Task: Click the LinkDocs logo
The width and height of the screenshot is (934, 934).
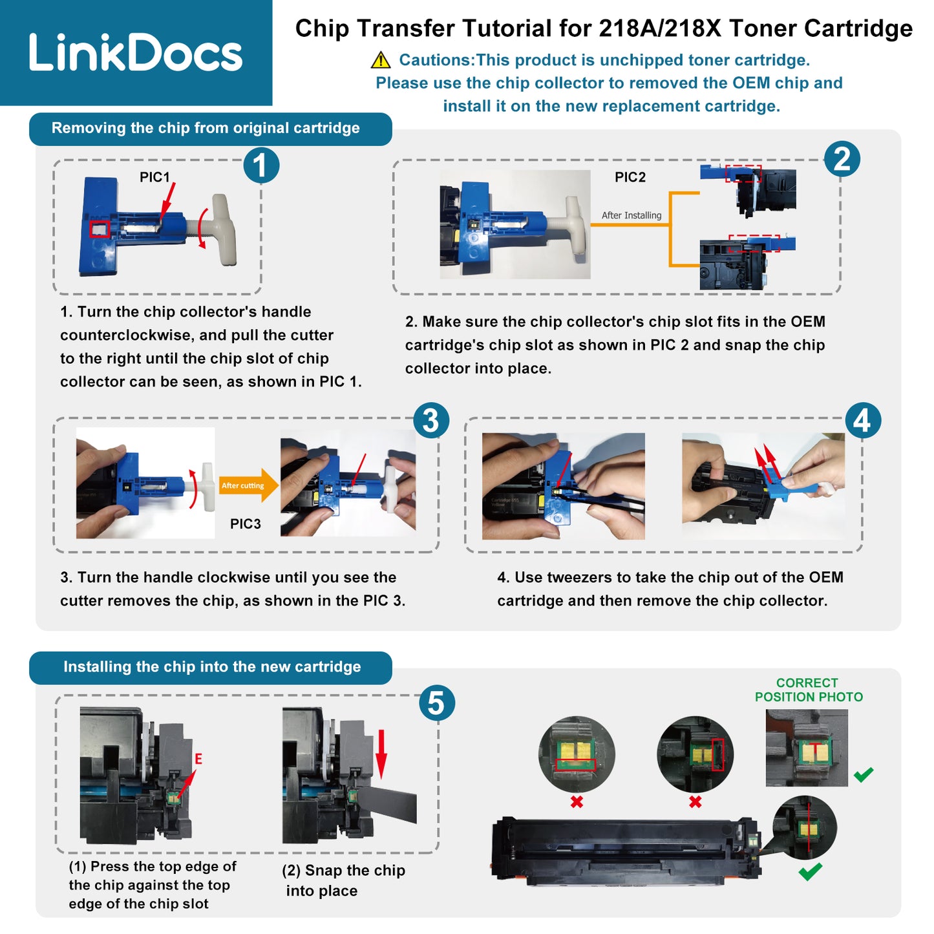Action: point(135,52)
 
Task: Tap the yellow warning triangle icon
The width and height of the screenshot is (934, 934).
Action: point(381,60)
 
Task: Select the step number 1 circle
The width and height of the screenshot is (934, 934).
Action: point(261,165)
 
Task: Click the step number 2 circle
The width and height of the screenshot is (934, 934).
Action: point(842,159)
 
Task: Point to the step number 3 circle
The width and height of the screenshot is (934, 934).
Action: point(431,419)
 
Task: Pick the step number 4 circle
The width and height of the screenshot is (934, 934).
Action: point(863,419)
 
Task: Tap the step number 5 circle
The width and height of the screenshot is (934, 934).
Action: point(436,703)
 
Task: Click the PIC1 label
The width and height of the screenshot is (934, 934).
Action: point(154,177)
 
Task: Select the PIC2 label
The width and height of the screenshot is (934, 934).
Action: point(630,177)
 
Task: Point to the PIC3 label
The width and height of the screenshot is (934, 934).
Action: point(245,524)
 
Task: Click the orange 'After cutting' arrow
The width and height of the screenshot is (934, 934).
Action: point(249,485)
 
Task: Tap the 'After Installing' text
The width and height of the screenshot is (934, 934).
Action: point(631,215)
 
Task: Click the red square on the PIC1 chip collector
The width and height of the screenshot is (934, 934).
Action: point(100,229)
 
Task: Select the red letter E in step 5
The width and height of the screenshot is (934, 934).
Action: point(198,759)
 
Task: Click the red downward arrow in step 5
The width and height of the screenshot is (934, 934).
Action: point(381,754)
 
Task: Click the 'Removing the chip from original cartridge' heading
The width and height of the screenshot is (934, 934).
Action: point(206,128)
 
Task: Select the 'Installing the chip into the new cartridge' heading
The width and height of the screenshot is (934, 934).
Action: point(212,666)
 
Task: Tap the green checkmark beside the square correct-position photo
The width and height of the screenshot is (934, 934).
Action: point(863,774)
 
